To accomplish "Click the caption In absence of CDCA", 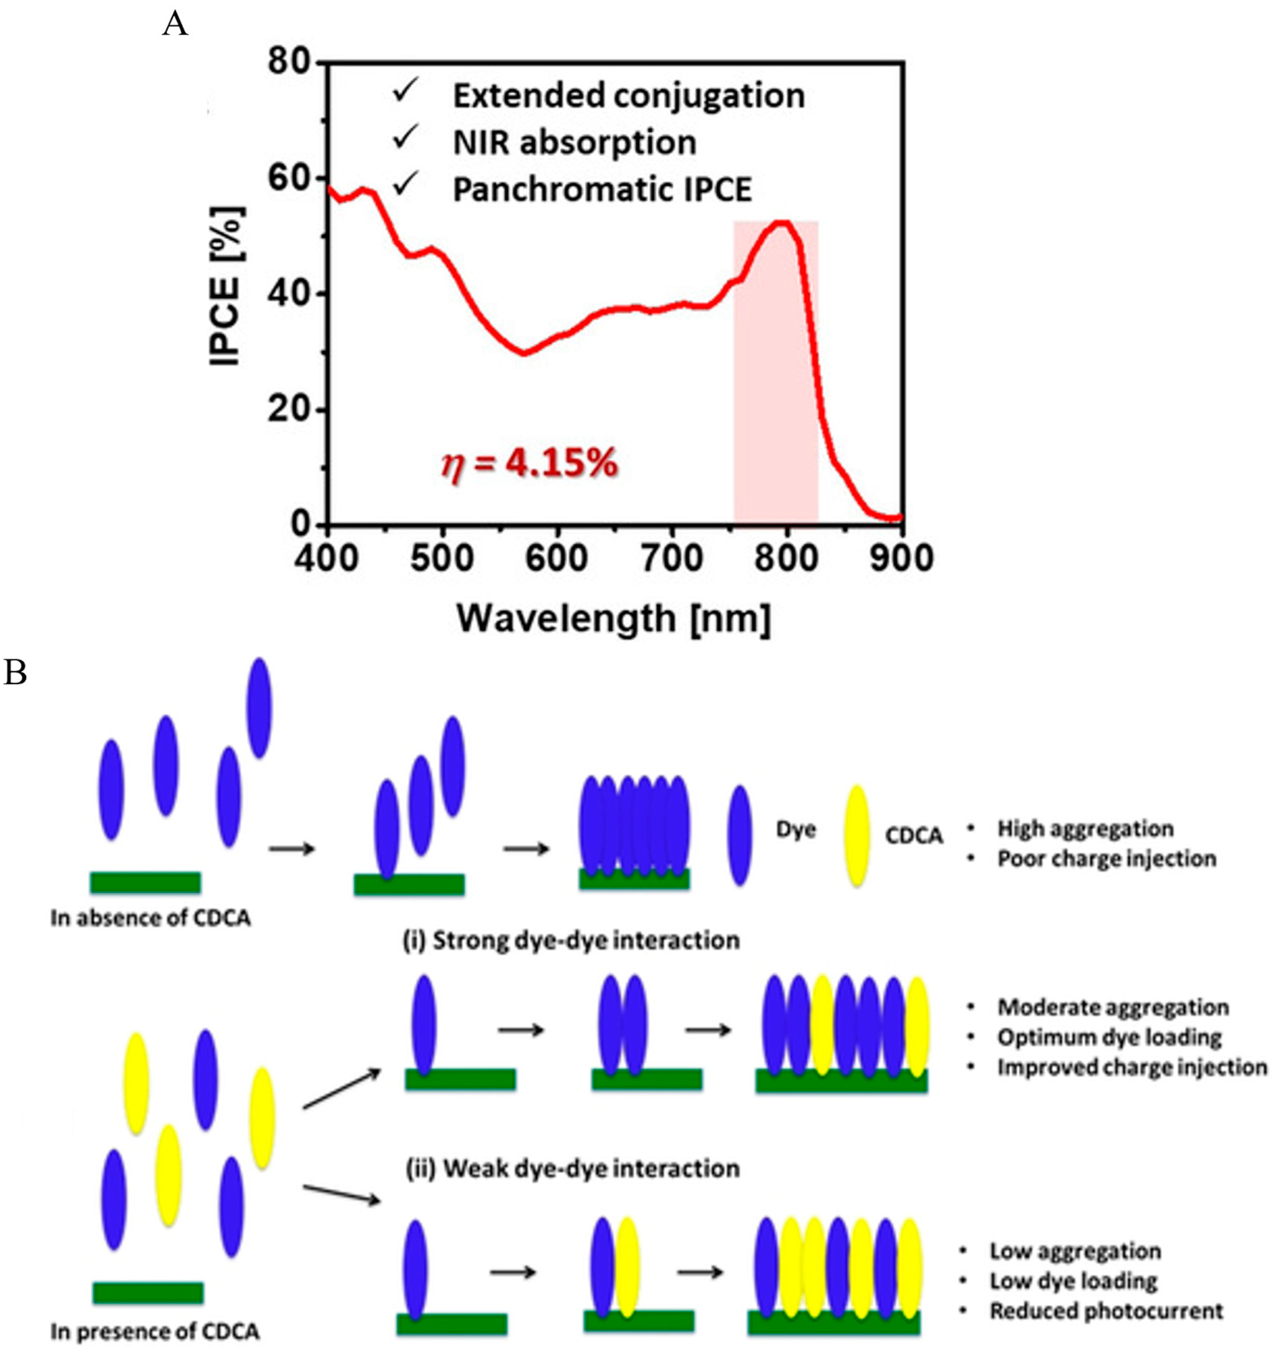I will (150, 917).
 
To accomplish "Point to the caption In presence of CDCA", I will (155, 1331).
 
